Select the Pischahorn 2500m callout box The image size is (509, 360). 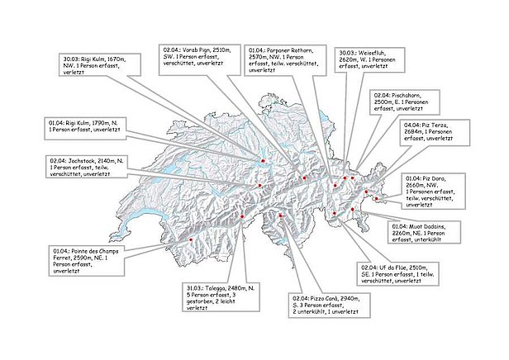pos(402,101)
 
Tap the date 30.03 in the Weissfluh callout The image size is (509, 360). pos(348,52)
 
